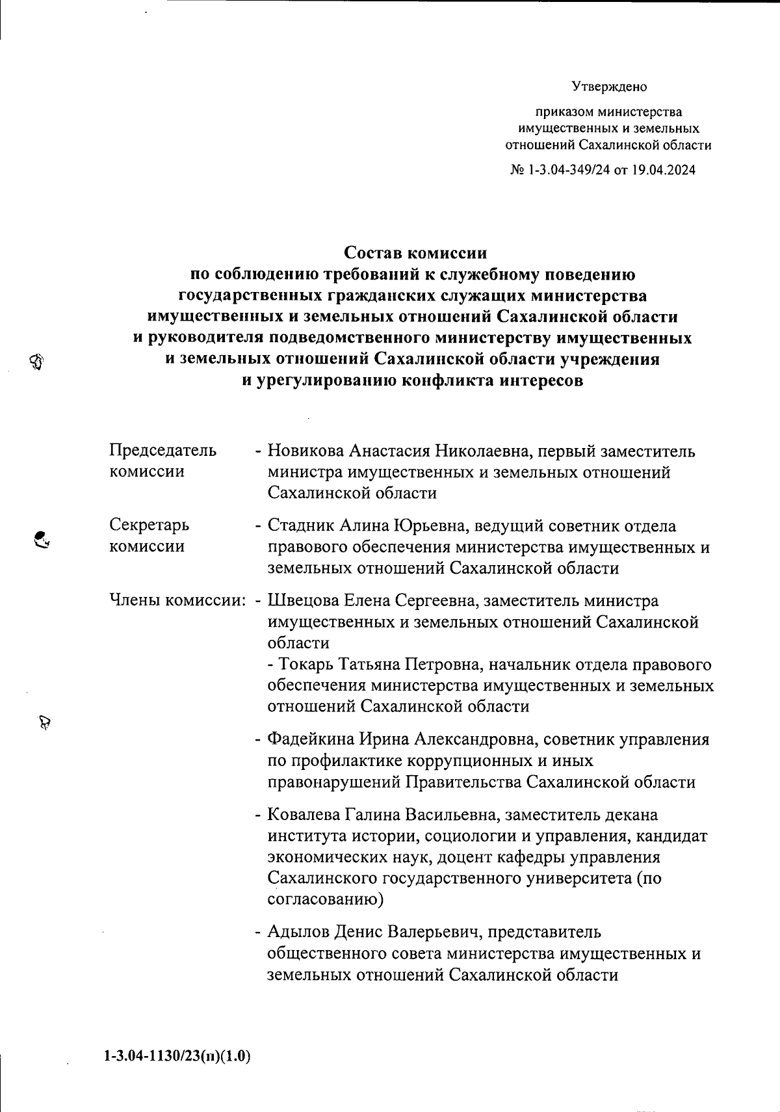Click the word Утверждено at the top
[x=609, y=86]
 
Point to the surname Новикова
[x=305, y=451]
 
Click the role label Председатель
[x=162, y=450]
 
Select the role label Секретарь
[x=149, y=525]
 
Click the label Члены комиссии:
[x=177, y=600]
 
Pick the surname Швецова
[x=304, y=600]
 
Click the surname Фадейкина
[x=311, y=739]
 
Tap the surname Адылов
[x=298, y=932]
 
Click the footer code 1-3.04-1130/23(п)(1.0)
[x=176, y=1056]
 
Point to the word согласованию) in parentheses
[x=325, y=900]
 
